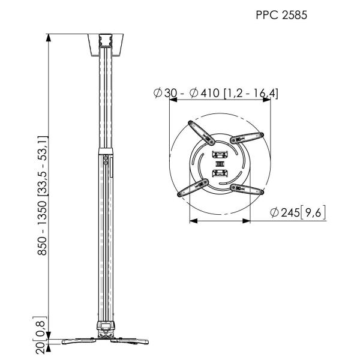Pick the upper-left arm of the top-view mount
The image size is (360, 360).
click(x=200, y=132)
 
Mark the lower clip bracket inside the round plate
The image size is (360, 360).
click(x=220, y=174)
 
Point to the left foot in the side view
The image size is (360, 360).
click(x=75, y=343)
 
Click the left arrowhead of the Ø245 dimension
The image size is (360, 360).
click(x=193, y=221)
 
